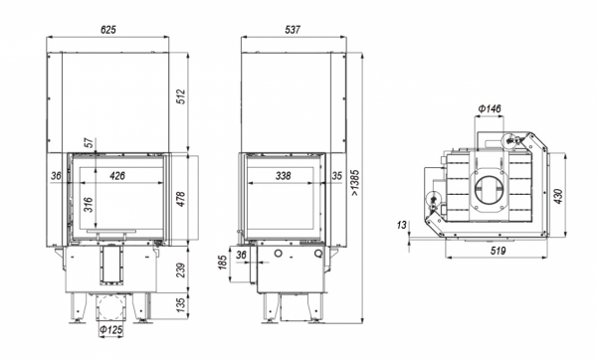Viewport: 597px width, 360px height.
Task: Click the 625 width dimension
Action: tap(108, 30)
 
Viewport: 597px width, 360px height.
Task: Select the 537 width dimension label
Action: tap(293, 30)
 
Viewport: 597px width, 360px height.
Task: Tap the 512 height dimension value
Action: tap(181, 96)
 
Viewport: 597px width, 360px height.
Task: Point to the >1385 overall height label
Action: tap(355, 183)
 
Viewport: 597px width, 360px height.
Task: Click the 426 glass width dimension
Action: tap(117, 176)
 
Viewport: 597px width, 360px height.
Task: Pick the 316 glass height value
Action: tap(88, 205)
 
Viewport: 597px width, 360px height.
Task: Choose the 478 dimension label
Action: tap(181, 199)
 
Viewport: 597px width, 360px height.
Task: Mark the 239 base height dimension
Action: tap(181, 270)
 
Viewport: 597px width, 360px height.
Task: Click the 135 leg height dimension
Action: tap(181, 304)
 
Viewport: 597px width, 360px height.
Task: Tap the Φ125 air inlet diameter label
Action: tap(110, 330)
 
